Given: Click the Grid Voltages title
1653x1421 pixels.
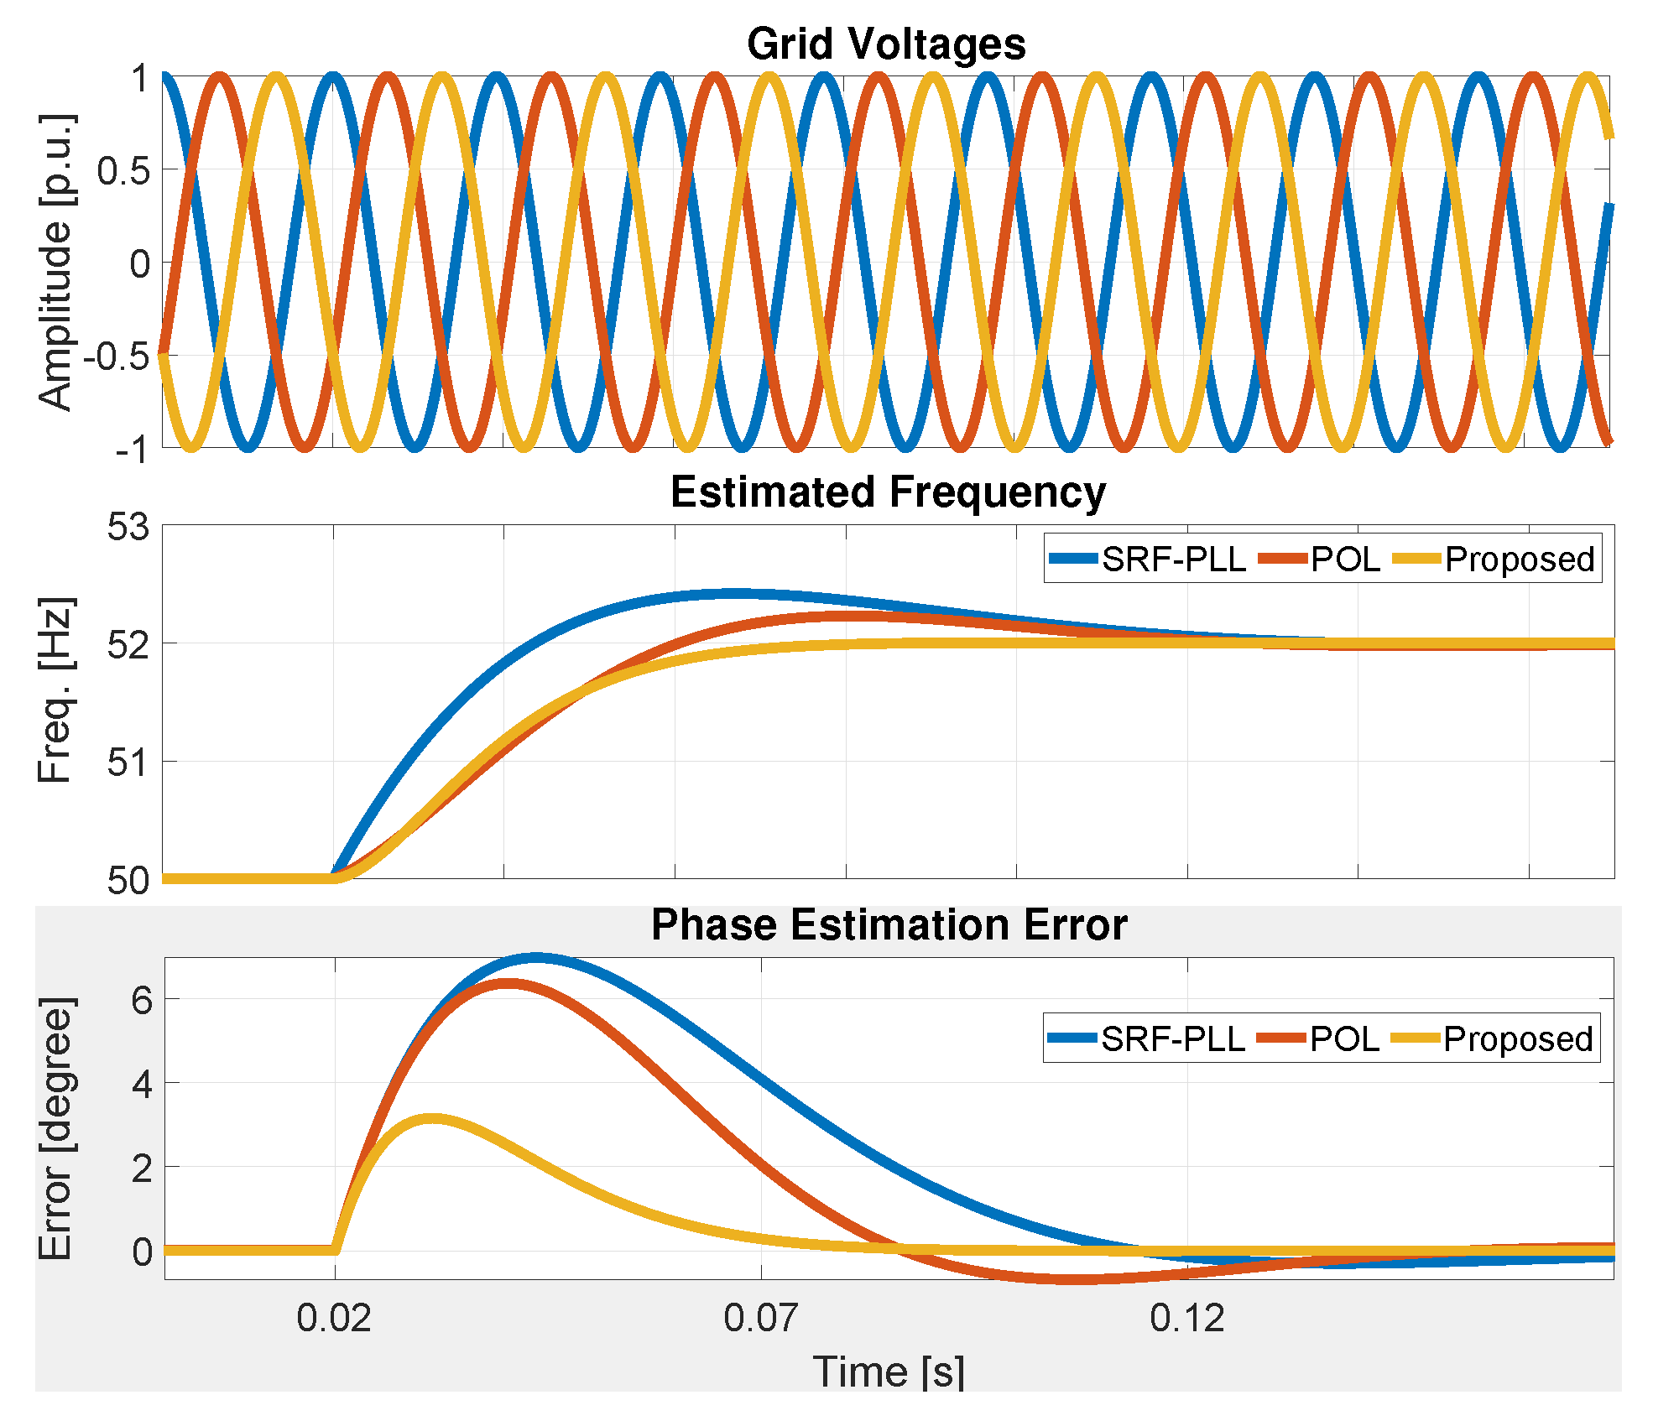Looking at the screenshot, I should coord(886,44).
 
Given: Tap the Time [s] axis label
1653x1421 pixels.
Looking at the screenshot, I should coord(889,1373).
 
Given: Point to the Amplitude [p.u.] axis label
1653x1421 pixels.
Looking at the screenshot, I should coord(56,263).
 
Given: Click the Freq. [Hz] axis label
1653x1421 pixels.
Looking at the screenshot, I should coord(56,690).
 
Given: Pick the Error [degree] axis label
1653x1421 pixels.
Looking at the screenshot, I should coord(56,1129).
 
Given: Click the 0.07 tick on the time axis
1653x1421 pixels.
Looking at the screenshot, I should coord(760,1318).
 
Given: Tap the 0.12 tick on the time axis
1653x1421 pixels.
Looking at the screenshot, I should coord(1186,1318).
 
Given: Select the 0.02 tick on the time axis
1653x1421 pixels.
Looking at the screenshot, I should coord(334,1318).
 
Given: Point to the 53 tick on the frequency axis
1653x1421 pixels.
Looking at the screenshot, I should coord(128,528).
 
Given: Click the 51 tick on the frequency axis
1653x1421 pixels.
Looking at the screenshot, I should coord(128,763).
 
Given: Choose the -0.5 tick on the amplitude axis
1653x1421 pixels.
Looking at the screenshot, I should coord(117,357).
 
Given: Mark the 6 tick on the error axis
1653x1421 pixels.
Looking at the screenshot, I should coord(142,1000).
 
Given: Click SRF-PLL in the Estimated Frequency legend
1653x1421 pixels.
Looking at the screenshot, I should coord(1173,559).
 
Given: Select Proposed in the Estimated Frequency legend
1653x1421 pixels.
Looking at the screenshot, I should coord(1519,559).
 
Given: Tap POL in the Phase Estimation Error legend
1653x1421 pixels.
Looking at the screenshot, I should coord(1344,1039).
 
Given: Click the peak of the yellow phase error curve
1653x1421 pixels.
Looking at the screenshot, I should coord(431,1119).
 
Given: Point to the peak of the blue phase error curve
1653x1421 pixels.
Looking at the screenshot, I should coord(537,957).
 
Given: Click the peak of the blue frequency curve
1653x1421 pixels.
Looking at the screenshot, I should coord(734,593).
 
